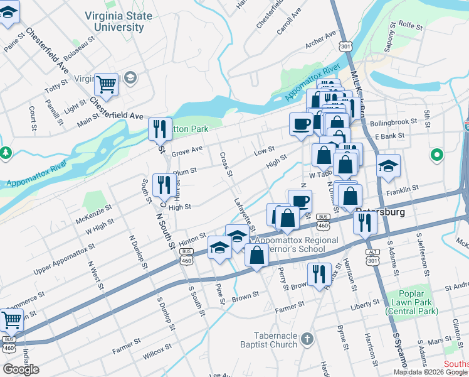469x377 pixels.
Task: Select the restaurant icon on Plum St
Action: [164, 183]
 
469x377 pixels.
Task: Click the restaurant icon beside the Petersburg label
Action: [364, 221]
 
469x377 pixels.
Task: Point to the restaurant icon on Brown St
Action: [319, 273]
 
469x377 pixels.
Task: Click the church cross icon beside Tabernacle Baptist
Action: [307, 339]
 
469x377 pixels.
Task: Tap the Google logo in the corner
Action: [21, 369]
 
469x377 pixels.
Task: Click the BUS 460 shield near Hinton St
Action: [186, 255]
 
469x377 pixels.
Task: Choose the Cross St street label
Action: [225, 164]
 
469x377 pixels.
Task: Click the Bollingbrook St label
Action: [394, 122]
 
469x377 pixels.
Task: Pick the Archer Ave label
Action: [322, 42]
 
